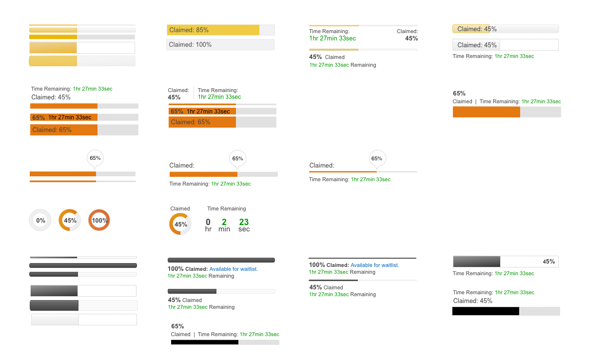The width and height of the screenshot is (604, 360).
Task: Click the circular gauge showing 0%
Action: click(40, 220)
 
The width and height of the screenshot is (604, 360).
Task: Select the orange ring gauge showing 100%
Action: click(99, 220)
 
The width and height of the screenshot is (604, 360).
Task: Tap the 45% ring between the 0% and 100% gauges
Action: click(70, 220)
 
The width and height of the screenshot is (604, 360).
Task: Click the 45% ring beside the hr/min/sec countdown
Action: click(180, 224)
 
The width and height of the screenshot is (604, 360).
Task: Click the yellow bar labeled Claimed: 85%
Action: click(213, 30)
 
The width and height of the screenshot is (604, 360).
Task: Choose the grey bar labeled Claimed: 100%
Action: click(220, 45)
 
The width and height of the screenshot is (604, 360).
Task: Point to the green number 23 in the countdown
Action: click(244, 222)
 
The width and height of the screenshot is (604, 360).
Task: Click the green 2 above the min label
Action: click(224, 222)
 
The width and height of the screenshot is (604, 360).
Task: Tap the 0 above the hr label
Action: click(208, 222)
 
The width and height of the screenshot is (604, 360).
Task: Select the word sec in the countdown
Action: click(244, 229)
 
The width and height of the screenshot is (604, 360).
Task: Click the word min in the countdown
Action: click(224, 229)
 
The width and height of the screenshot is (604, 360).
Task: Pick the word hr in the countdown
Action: click(208, 229)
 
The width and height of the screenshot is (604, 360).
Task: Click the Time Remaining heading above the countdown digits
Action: click(226, 208)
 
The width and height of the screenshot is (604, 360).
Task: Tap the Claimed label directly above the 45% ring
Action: click(180, 208)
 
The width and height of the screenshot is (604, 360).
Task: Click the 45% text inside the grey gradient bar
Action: click(548, 262)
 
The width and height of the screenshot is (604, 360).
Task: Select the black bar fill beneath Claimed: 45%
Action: click(486, 311)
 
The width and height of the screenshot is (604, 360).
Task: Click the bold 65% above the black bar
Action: click(177, 326)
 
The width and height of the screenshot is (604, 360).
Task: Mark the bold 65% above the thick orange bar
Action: click(459, 94)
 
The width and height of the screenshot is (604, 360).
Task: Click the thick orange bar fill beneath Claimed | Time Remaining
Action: click(486, 112)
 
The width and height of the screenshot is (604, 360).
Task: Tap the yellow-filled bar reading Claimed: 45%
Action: click(471, 29)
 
